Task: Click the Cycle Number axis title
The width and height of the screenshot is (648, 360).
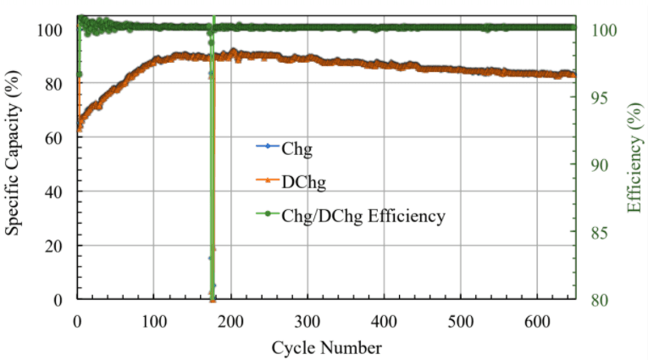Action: (326, 347)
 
